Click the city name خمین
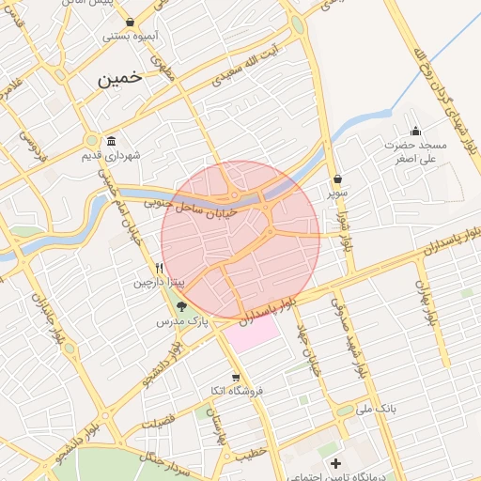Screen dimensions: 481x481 (119, 79)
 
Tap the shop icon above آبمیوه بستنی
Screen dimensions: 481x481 (130, 23)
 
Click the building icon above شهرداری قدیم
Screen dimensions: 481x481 (112, 141)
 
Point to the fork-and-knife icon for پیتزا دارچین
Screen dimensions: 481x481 (160, 268)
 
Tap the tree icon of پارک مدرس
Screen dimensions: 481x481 (181, 306)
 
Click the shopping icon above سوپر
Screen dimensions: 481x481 (337, 178)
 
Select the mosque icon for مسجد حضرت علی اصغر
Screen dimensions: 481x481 (416, 131)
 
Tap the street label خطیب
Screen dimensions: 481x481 (246, 454)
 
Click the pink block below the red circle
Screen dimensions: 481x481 (252, 334)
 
